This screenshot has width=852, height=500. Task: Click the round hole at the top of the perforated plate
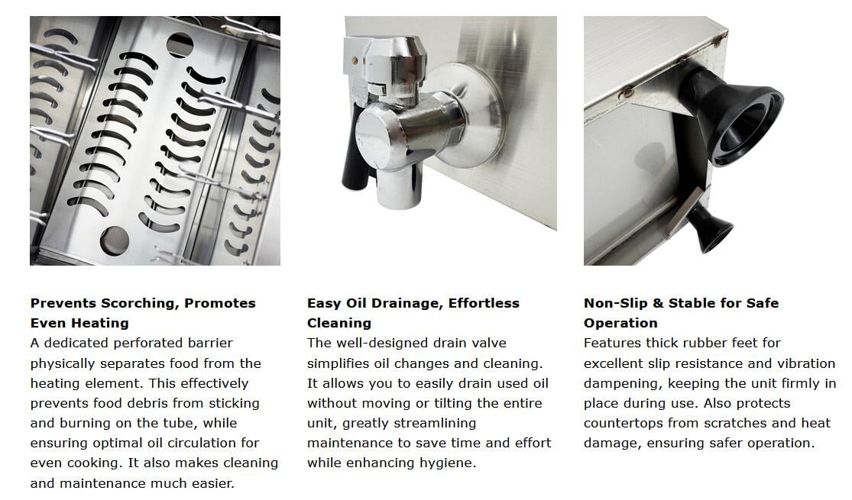[180, 45]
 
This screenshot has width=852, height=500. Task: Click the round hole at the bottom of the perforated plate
[114, 240]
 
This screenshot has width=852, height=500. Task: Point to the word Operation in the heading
[620, 323]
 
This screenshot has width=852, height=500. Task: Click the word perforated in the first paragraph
[147, 343]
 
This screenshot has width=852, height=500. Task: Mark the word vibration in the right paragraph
[806, 363]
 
